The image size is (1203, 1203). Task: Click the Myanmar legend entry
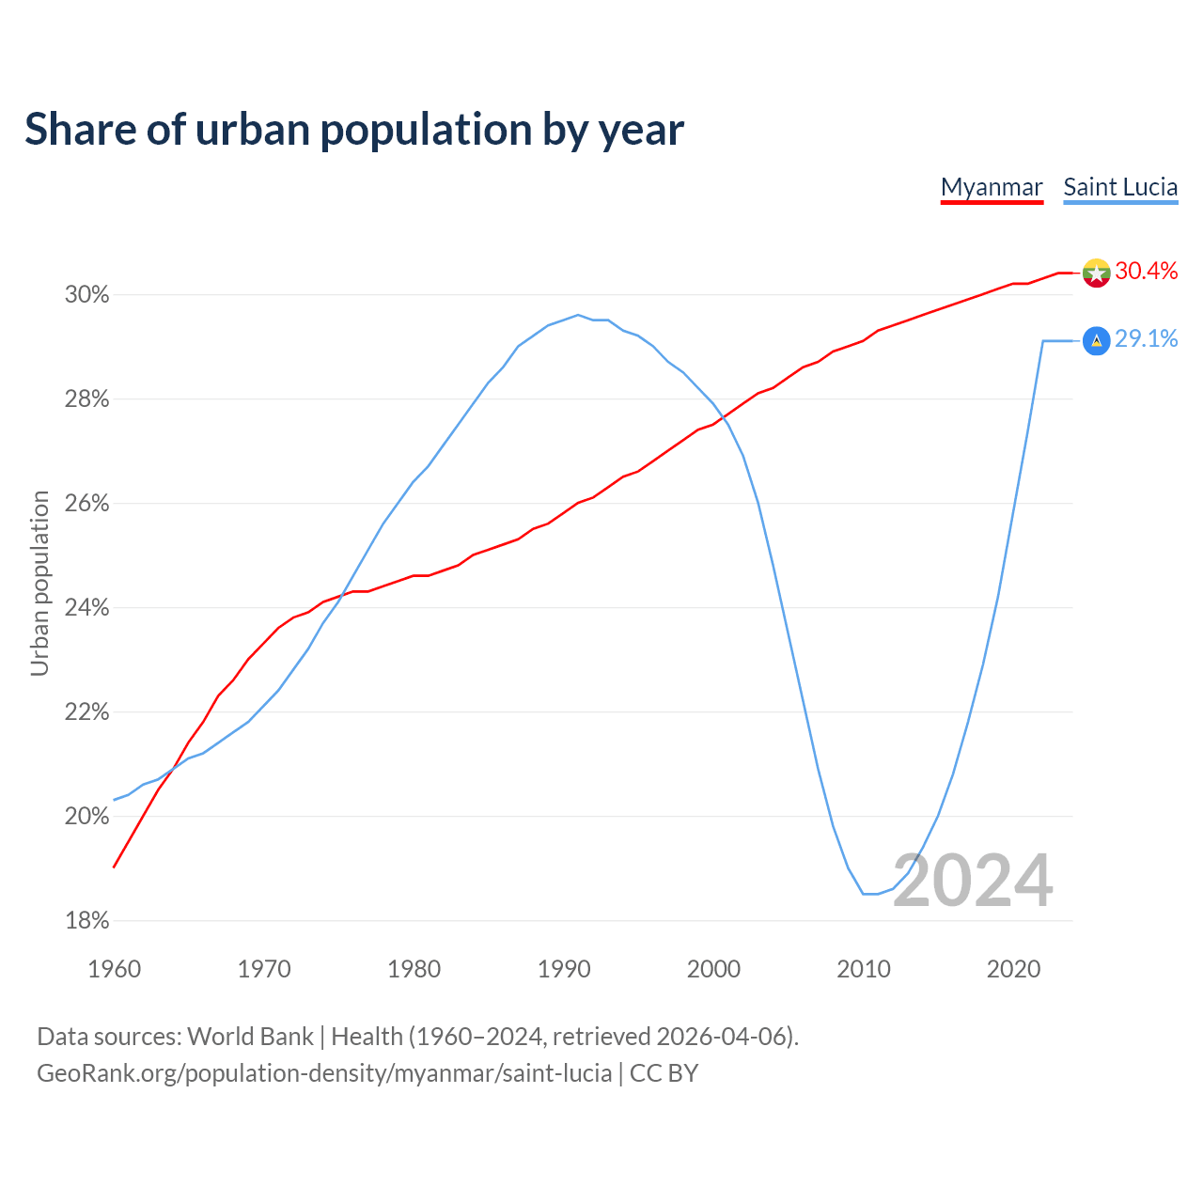tap(992, 187)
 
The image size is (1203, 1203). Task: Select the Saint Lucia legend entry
tap(1120, 187)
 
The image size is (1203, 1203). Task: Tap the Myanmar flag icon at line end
tap(1096, 273)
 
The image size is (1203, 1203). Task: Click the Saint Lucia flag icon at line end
tap(1096, 340)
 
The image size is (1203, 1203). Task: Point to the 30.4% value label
tap(1147, 272)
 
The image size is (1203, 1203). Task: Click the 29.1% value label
tap(1147, 339)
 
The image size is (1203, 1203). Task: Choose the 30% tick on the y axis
tap(86, 295)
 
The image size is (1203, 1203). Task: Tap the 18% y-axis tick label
tap(86, 921)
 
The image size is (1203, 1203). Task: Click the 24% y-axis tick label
tap(86, 608)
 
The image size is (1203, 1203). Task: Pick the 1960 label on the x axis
tap(114, 969)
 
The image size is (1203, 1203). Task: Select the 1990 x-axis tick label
tap(564, 969)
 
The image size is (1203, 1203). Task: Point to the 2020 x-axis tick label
tap(1013, 969)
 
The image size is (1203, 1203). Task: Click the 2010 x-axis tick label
tap(864, 969)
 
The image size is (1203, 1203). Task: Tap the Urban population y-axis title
tap(39, 583)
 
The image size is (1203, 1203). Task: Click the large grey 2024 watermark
tap(973, 881)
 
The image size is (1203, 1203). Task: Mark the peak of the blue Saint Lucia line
tap(578, 315)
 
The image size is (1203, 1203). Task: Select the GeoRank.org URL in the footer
tap(324, 1073)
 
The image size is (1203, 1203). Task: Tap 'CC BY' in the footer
tap(664, 1073)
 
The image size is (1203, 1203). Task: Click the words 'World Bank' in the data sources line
tap(250, 1037)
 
